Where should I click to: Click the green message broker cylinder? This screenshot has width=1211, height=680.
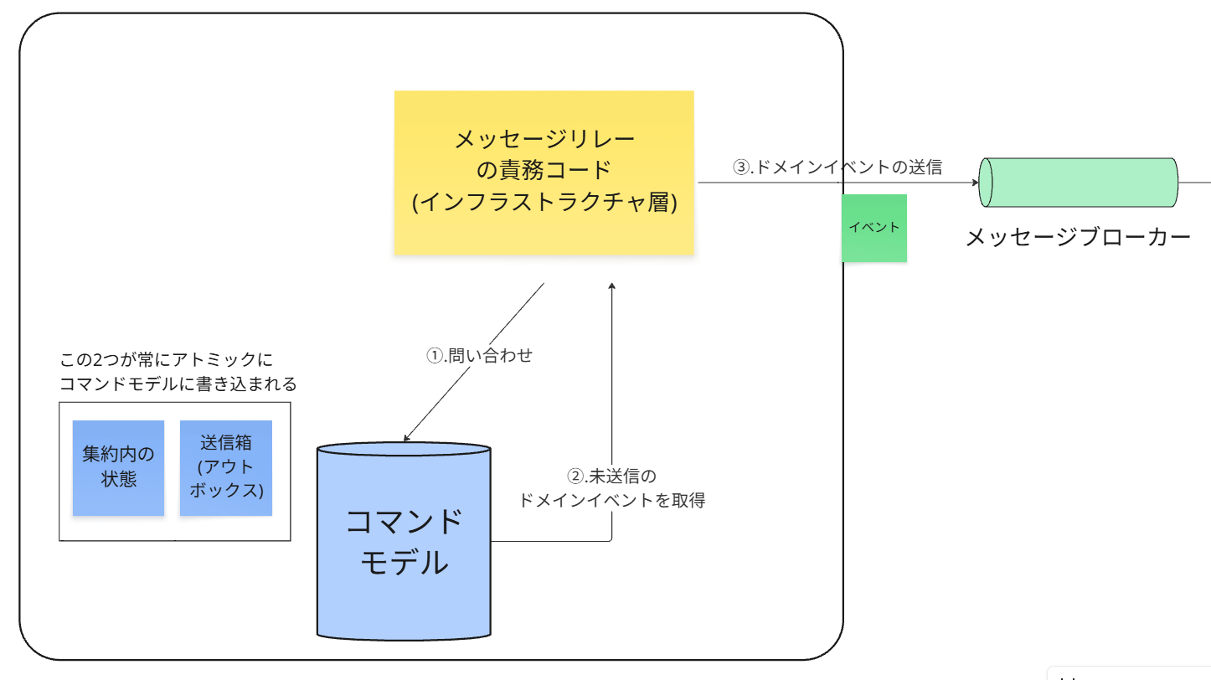click(x=1080, y=182)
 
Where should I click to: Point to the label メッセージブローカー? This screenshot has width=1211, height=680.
click(x=1078, y=238)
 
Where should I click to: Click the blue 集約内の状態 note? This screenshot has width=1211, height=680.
click(x=118, y=467)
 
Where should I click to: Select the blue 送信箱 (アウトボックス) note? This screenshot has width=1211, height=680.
click(x=226, y=467)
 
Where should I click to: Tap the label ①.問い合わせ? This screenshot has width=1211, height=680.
click(x=480, y=355)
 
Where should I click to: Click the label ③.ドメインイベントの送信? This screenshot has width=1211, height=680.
click(x=837, y=167)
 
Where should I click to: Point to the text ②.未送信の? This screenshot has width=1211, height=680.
click(x=612, y=476)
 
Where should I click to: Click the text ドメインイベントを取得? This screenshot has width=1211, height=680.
click(x=612, y=501)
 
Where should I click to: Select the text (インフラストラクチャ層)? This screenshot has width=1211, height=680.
click(x=544, y=203)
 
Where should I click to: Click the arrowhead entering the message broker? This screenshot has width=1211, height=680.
click(x=975, y=183)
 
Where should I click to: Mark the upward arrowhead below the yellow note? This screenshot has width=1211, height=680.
click(x=612, y=288)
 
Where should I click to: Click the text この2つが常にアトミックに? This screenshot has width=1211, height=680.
click(x=167, y=361)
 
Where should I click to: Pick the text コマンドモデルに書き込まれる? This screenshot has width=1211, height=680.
click(x=178, y=384)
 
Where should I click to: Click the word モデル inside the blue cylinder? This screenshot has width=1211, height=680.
click(x=404, y=562)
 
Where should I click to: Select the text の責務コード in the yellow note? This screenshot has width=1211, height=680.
click(x=544, y=170)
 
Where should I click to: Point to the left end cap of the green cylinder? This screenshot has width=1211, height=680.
click(x=986, y=182)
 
